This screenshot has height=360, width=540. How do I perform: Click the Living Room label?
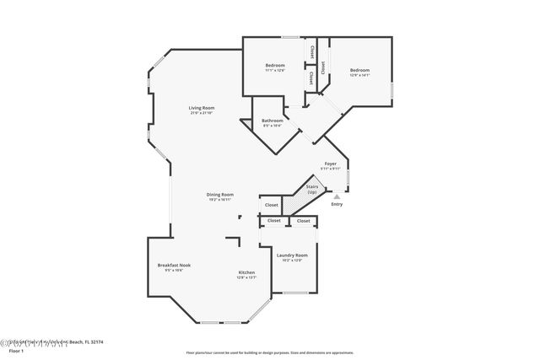(201, 107)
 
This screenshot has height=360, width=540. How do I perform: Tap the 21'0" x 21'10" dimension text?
(201, 113)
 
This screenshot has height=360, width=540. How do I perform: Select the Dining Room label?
(220, 194)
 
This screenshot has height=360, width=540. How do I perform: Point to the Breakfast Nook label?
(174, 265)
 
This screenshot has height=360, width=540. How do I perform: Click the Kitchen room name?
(246, 272)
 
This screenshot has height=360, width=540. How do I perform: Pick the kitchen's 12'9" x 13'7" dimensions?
(246, 277)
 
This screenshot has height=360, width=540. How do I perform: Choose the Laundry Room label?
(290, 255)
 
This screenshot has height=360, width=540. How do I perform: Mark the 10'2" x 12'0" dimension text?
(290, 260)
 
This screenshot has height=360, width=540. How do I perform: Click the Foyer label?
(331, 164)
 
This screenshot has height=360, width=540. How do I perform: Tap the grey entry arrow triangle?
(337, 196)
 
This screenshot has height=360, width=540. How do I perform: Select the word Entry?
(337, 204)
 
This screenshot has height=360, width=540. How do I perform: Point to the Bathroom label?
(272, 121)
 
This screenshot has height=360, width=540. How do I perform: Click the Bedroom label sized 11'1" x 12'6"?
(275, 66)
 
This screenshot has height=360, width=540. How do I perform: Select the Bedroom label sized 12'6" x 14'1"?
(359, 70)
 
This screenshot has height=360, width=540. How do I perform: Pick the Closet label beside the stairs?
(272, 205)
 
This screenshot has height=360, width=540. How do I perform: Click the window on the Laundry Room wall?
(295, 293)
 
